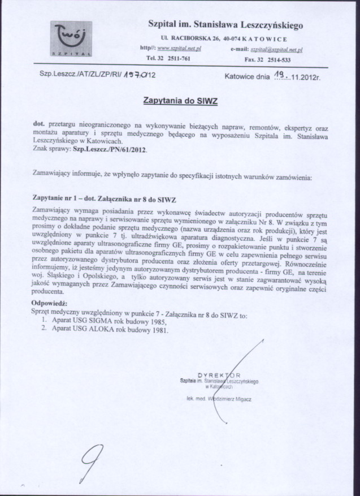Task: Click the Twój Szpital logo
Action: [x=71, y=39]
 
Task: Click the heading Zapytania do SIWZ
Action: [x=180, y=100]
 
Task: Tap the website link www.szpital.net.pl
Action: [x=179, y=49]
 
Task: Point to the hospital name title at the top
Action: [x=225, y=25]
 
